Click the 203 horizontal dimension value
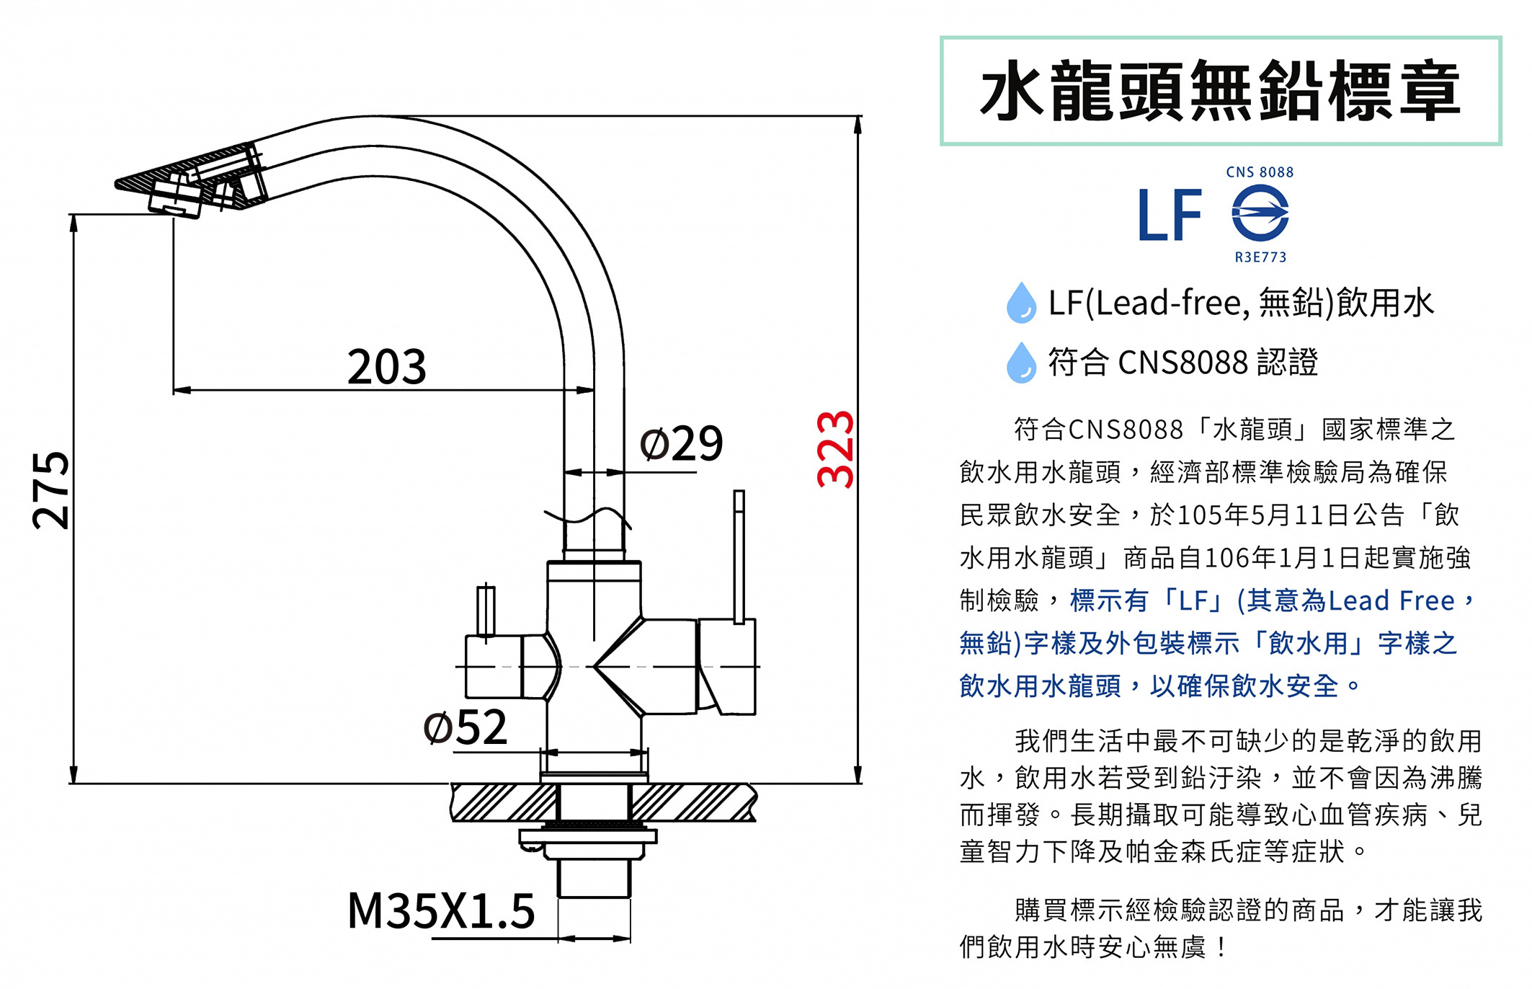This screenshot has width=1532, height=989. [387, 366]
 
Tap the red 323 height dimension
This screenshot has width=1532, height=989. [836, 449]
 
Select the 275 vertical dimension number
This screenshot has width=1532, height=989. [51, 490]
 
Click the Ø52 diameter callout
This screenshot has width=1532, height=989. [466, 727]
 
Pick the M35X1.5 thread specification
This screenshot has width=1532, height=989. [441, 910]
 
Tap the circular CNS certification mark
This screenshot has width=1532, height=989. [1260, 212]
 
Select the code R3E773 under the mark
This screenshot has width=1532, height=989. [1260, 257]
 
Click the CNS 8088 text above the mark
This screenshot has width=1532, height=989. [1260, 172]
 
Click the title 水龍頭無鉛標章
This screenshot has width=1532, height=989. [1221, 91]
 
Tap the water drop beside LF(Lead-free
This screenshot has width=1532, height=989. [1021, 302]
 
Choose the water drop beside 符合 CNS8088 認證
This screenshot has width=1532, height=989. [1021, 362]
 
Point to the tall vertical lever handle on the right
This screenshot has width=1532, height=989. [739, 556]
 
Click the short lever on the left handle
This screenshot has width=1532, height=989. [486, 612]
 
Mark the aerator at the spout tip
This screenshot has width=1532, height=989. [176, 197]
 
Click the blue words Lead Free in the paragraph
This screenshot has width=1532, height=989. [1391, 600]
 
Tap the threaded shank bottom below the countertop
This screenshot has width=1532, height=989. [594, 879]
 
